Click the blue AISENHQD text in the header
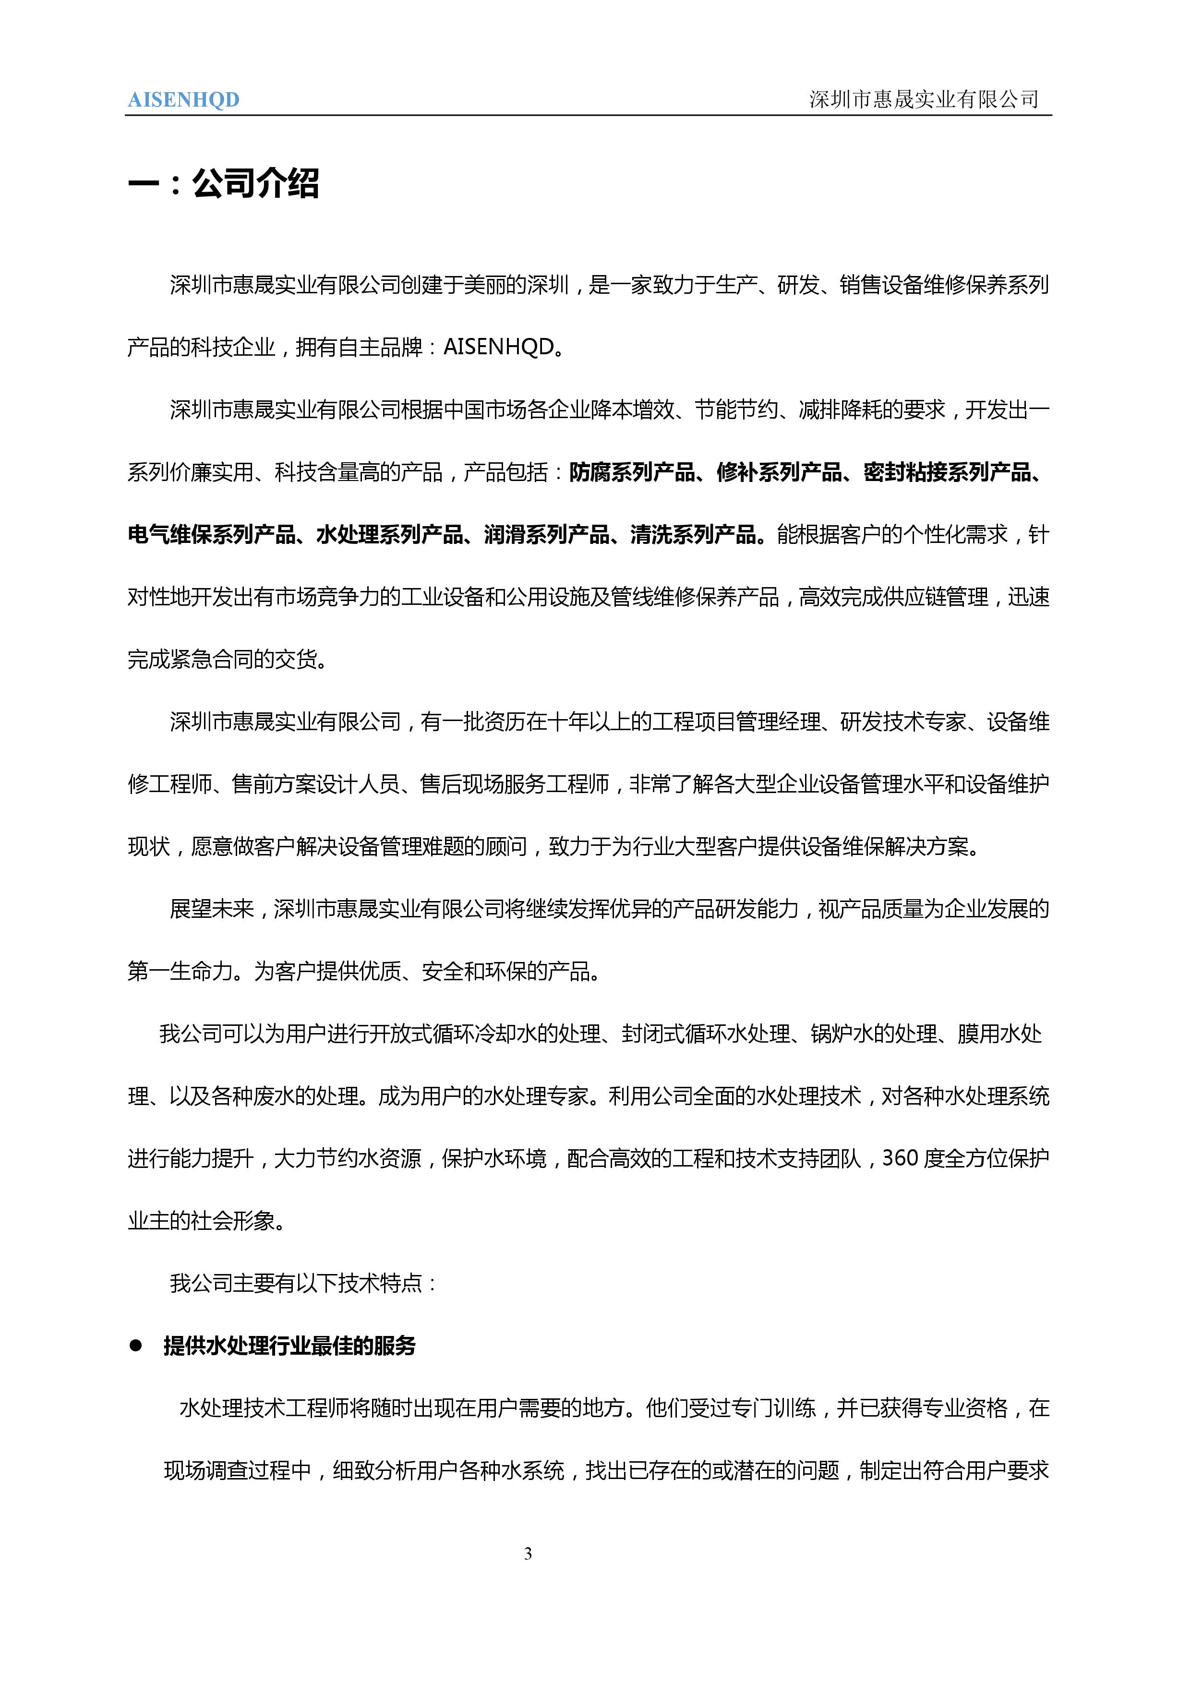click(x=183, y=100)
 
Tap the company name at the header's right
click(x=924, y=99)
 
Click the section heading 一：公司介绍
click(x=224, y=183)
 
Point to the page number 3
click(x=528, y=1553)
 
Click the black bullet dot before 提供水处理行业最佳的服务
click(x=136, y=1346)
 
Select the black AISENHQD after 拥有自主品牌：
click(x=499, y=347)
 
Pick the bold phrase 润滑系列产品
click(x=546, y=535)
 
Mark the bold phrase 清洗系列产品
click(x=693, y=535)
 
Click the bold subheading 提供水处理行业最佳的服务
click(x=289, y=1346)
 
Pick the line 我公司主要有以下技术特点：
click(x=303, y=1283)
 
